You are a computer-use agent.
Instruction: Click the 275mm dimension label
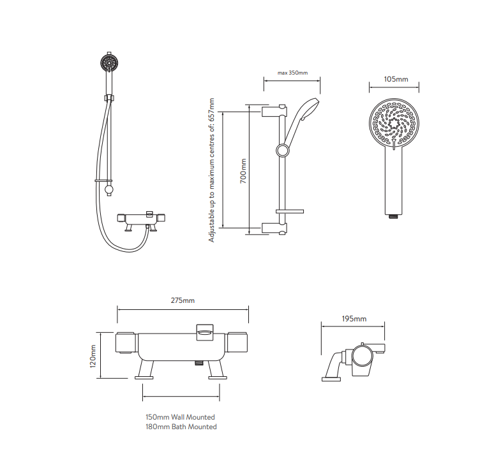click(x=183, y=300)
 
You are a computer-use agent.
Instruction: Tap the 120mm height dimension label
click(x=93, y=356)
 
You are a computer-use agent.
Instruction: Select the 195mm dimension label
click(x=354, y=319)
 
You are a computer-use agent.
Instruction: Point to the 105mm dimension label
click(x=396, y=79)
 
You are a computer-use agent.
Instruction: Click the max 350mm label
click(x=292, y=73)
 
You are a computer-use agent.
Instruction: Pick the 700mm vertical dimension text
click(x=243, y=171)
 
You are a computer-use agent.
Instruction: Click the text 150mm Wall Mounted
click(x=180, y=417)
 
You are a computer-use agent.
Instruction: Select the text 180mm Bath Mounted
click(x=181, y=427)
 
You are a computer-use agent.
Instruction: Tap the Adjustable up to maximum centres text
click(x=211, y=170)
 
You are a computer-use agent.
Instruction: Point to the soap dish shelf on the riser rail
click(x=290, y=211)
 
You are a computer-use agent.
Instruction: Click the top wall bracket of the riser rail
click(x=274, y=112)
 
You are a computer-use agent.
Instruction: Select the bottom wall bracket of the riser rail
click(x=274, y=228)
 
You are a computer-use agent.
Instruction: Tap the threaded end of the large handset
click(x=394, y=216)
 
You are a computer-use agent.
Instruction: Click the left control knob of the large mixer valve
click(x=126, y=343)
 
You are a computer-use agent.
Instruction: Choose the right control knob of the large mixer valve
click(x=237, y=342)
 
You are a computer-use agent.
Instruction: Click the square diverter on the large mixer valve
click(x=205, y=332)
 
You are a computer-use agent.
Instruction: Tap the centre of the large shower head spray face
click(x=394, y=123)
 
